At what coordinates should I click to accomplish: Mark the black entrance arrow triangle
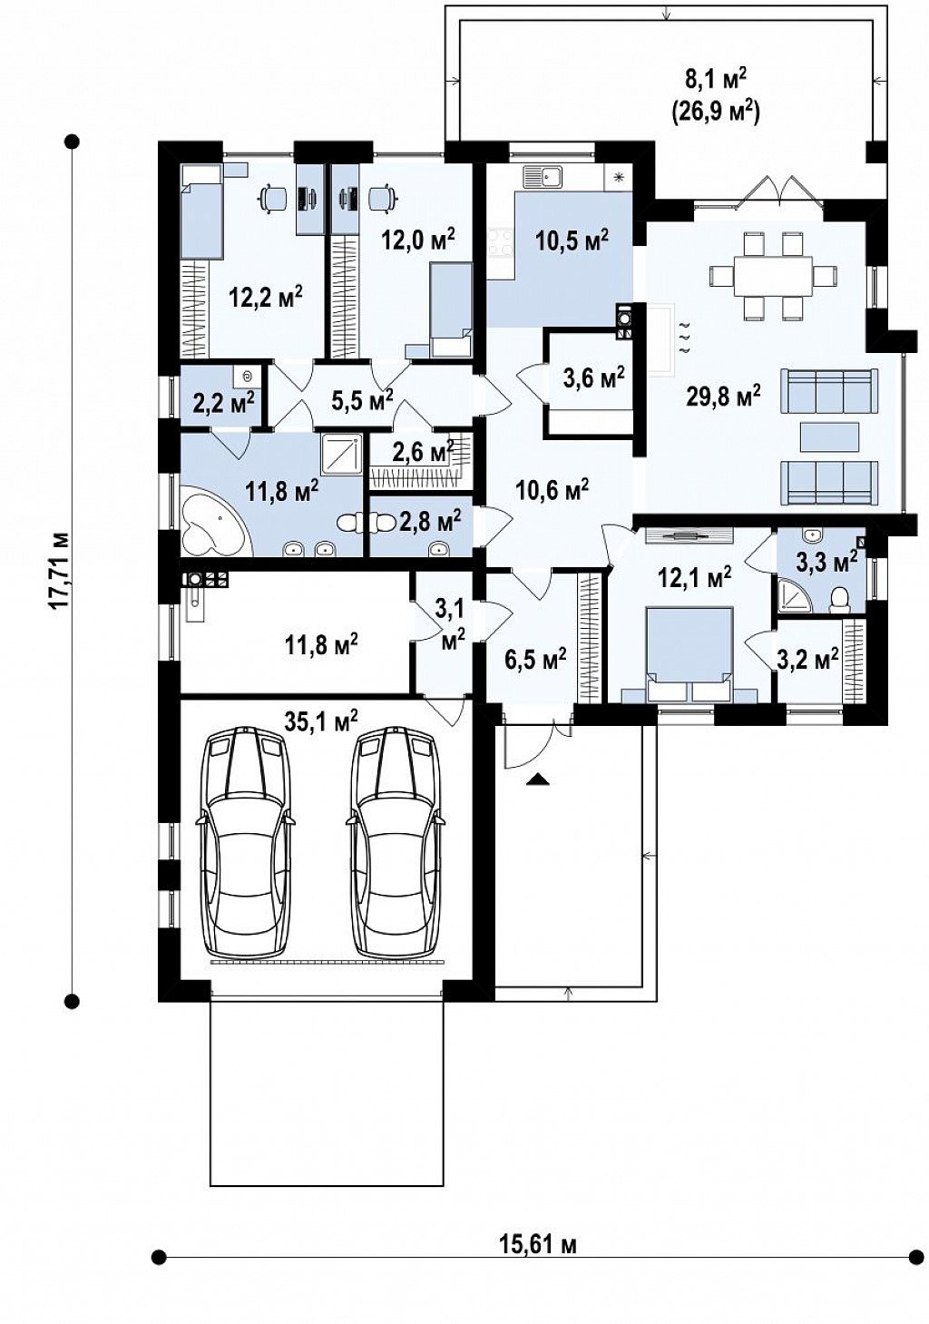coord(536,780)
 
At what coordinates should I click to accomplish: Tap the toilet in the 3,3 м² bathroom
coord(839,601)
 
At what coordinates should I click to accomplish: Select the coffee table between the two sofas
coord(830,438)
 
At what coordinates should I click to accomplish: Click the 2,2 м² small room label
coord(223,403)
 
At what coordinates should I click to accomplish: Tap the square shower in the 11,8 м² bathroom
coord(341,456)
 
